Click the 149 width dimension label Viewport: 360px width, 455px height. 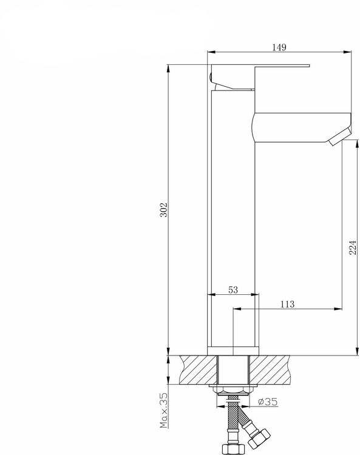click(279, 47)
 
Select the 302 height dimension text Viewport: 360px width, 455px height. click(164, 209)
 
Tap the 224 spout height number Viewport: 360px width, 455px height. click(353, 248)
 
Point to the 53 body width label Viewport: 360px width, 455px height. click(233, 289)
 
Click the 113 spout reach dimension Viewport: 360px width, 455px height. click(287, 304)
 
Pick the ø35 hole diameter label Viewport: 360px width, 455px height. click(268, 402)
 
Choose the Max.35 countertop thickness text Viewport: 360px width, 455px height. click(164, 410)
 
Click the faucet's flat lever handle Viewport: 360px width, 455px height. click(260, 66)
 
